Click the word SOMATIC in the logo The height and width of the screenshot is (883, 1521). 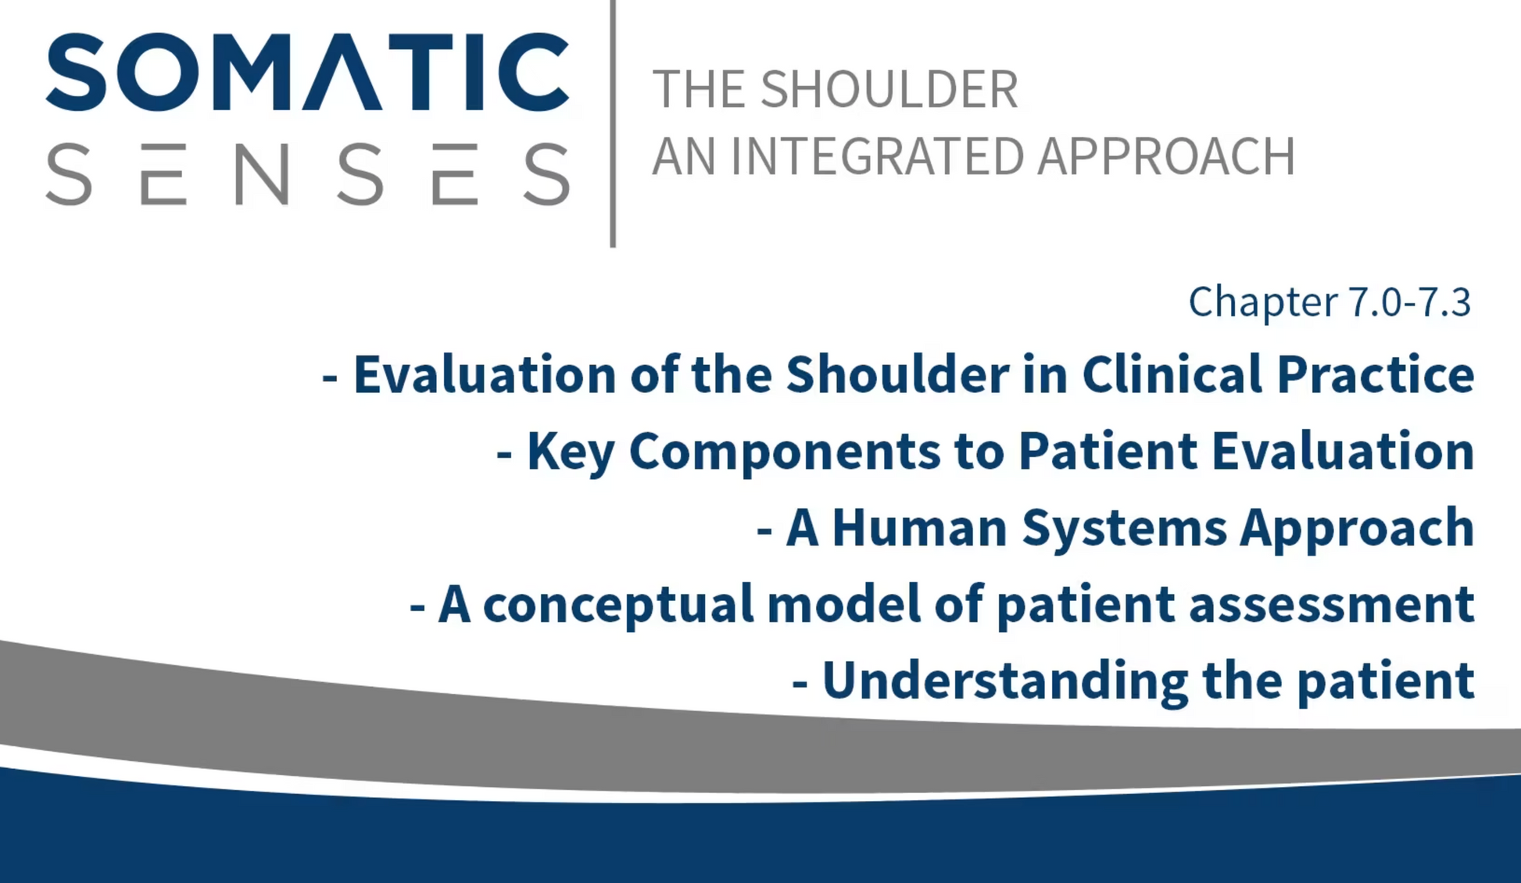(x=307, y=72)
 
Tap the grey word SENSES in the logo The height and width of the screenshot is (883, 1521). (x=307, y=174)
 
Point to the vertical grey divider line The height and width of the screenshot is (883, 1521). (x=614, y=123)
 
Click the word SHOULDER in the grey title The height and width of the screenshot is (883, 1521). (x=889, y=89)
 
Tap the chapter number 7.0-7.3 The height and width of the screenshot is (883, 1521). (x=1410, y=302)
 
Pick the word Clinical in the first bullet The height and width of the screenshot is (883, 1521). (x=1172, y=374)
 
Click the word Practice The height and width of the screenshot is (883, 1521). (x=1376, y=374)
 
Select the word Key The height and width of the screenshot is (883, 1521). (x=571, y=452)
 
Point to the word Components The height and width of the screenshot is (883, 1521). (x=785, y=452)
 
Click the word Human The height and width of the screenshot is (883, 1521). (x=920, y=527)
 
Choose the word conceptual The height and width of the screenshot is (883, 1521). (x=618, y=605)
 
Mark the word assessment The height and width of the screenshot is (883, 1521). (x=1332, y=606)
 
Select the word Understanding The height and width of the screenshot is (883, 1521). (x=1005, y=681)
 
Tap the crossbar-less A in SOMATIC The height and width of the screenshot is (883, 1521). (x=342, y=72)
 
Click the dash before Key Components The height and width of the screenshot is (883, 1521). (x=504, y=454)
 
